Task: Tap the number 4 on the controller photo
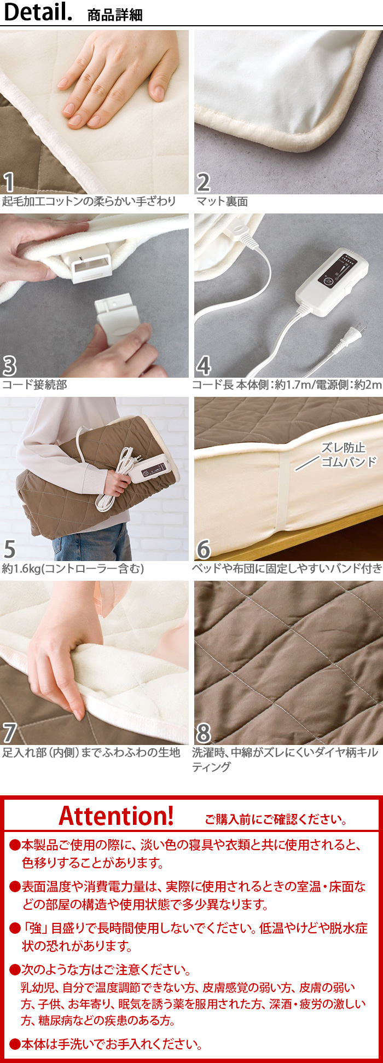pos(204,366)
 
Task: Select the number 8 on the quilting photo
pos(204,733)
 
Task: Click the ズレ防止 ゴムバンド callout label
pos(349,455)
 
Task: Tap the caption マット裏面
pos(222,201)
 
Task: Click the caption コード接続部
pos(34,385)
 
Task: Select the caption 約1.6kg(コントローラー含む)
pos(73,569)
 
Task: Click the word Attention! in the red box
pos(116,816)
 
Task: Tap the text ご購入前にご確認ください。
pos(276,819)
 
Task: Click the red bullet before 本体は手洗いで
pos(15,1044)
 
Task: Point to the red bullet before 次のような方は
pos(15,969)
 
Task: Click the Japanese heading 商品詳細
pos(115,15)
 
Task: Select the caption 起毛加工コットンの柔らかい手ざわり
pos(89,201)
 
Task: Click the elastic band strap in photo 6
pos(284,493)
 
